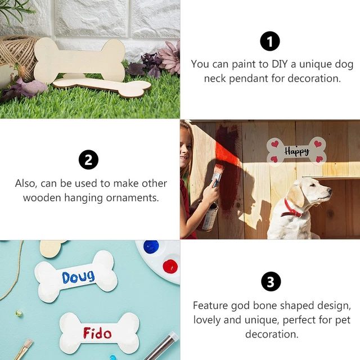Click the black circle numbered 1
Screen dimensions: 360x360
click(x=270, y=41)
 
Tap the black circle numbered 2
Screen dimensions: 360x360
click(x=88, y=160)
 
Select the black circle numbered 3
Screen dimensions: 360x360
click(x=270, y=282)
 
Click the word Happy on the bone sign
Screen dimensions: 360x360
click(x=296, y=151)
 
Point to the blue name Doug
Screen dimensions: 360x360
click(x=78, y=277)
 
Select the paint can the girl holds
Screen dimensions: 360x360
click(x=209, y=217)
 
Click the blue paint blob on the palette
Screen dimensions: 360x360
click(x=151, y=247)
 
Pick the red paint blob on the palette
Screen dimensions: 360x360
click(x=169, y=266)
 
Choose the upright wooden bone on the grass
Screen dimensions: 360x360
click(x=79, y=59)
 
